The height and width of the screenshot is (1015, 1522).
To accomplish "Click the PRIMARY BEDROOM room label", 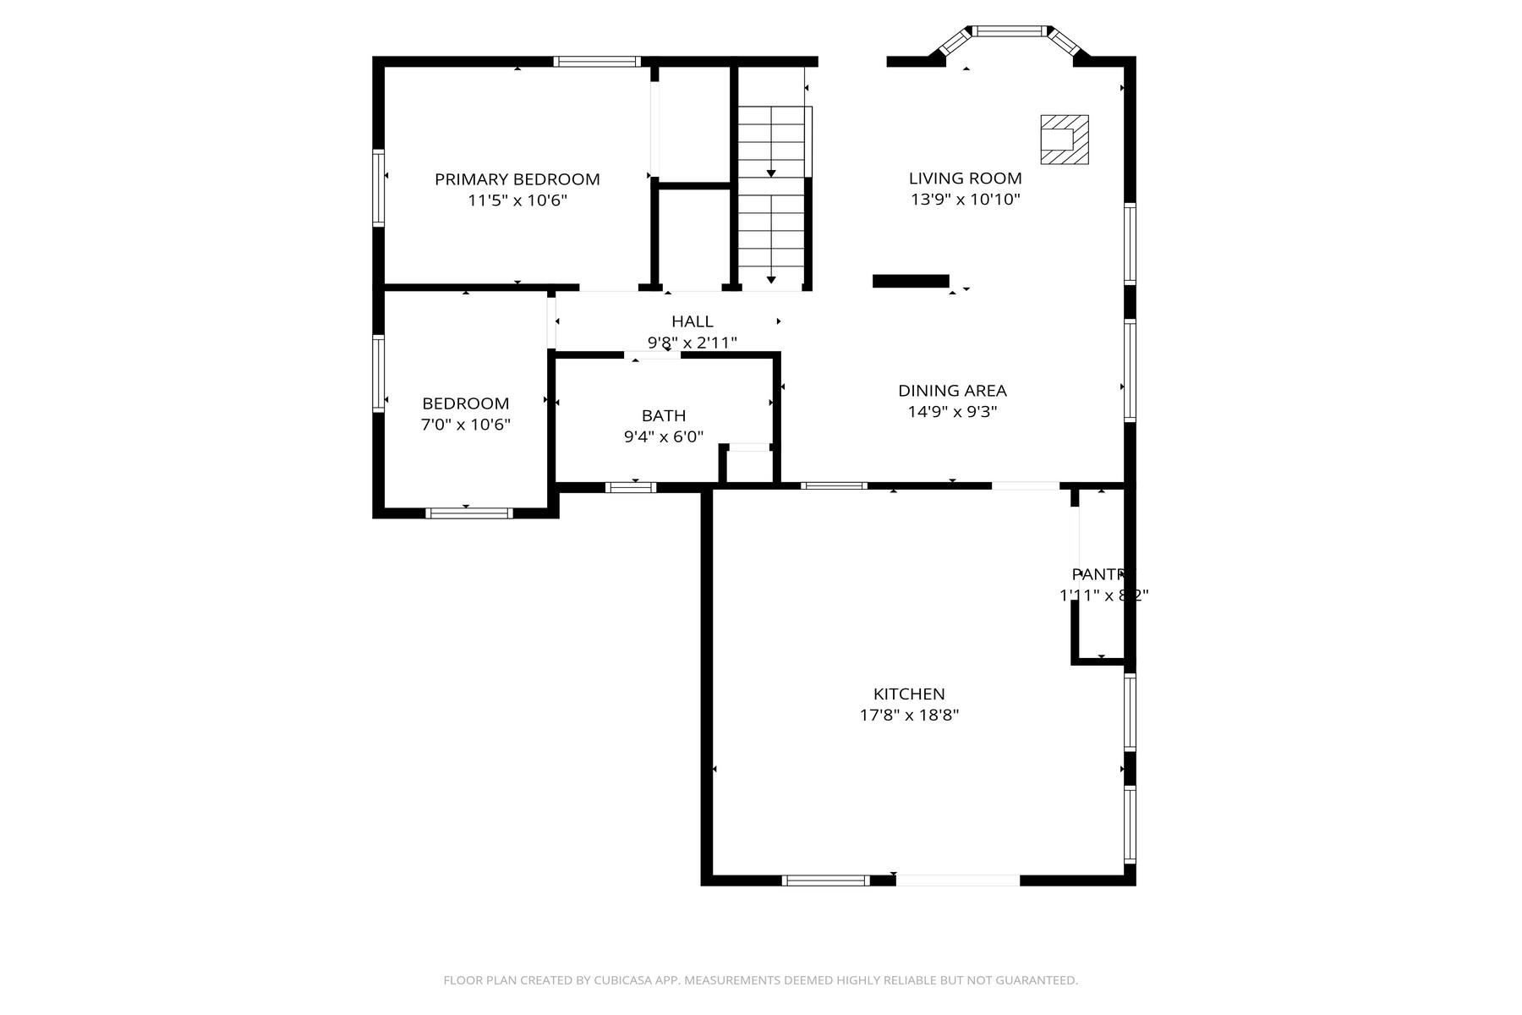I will point(517,179).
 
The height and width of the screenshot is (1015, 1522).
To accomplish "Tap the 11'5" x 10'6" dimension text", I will point(517,200).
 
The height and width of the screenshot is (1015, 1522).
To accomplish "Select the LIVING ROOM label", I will point(965,178).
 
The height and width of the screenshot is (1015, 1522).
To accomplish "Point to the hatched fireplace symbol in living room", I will point(1064,140).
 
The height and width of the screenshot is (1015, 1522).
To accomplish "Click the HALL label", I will point(692,321).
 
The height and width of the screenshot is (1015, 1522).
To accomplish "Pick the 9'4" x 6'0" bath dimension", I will point(663,436).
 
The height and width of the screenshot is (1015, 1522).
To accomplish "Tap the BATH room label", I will point(663,415).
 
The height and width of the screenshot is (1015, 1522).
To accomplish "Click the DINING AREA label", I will point(952,391).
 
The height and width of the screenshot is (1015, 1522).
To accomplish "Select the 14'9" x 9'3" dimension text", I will point(952,412).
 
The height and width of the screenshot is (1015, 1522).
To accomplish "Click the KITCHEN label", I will point(909,694).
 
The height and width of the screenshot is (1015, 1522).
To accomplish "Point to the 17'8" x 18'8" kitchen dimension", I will point(909,715).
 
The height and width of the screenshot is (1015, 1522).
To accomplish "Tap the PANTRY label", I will point(1099,574).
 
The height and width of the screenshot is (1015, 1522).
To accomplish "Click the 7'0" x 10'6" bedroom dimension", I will point(465,425).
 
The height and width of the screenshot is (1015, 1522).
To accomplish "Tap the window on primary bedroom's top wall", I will point(597,61).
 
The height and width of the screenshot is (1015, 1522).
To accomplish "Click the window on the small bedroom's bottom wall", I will point(468,513).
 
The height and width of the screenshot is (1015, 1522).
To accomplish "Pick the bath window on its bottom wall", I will point(631,487).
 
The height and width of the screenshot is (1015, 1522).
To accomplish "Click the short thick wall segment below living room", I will point(910,281).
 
